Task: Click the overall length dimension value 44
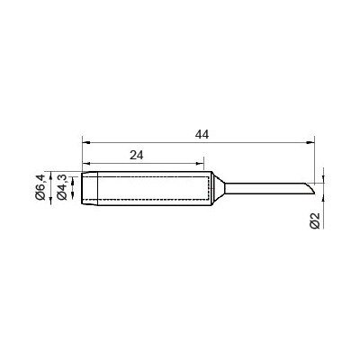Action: click(x=202, y=134)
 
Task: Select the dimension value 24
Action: click(x=137, y=155)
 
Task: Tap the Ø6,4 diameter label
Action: click(x=40, y=186)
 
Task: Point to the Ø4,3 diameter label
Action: click(x=61, y=186)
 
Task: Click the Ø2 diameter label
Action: click(x=315, y=220)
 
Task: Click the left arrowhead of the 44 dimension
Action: click(x=86, y=142)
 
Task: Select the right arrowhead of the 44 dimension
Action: click(x=310, y=142)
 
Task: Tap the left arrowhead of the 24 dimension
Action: click(x=86, y=164)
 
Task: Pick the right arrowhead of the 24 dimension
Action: click(x=200, y=164)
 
